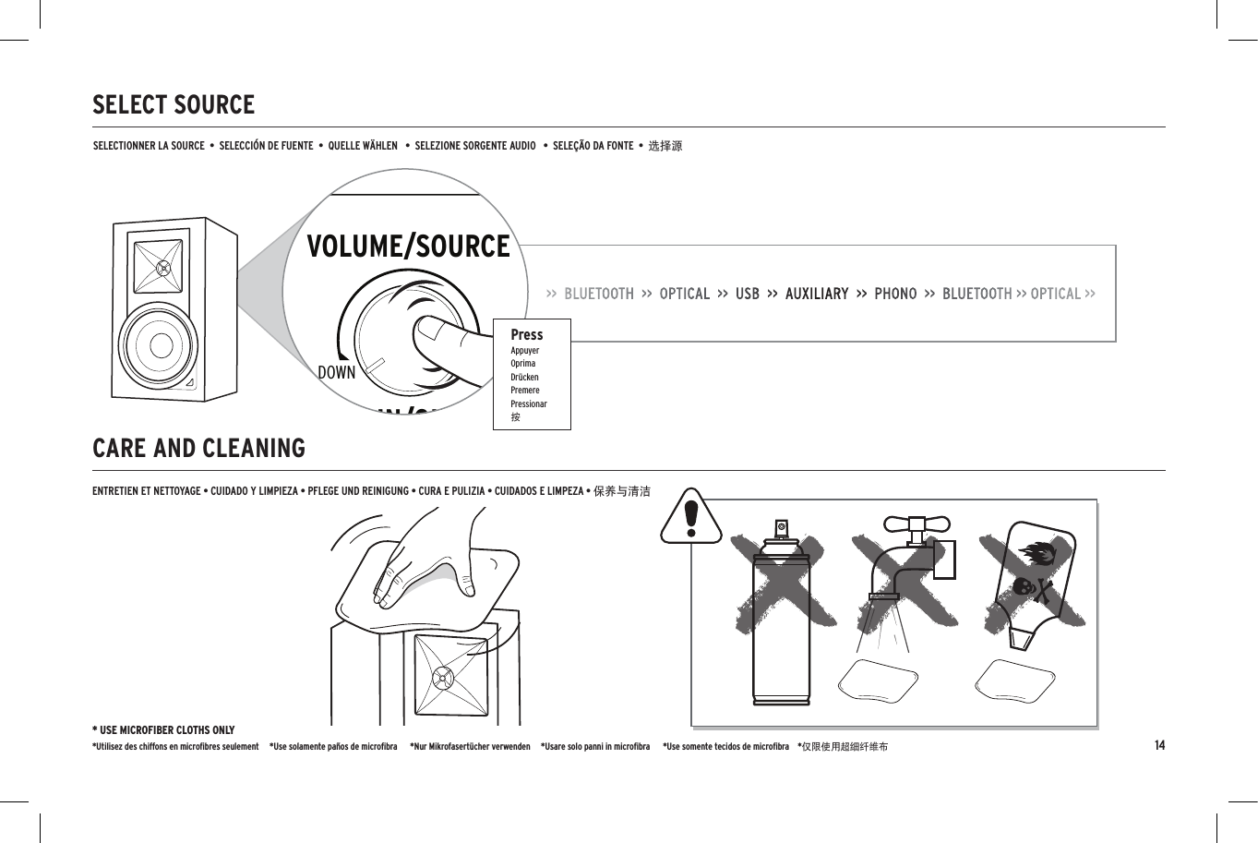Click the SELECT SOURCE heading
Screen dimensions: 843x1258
coord(174,105)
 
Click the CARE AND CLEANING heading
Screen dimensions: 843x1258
coord(198,449)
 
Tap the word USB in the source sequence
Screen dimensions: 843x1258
coord(748,294)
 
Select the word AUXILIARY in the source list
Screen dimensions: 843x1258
coord(817,294)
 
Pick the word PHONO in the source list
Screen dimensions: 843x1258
coord(895,294)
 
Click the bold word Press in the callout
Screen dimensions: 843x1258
coord(527,334)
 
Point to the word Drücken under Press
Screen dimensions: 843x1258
coord(524,377)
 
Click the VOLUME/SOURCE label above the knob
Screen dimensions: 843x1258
coord(408,247)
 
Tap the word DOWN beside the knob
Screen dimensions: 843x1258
coord(336,373)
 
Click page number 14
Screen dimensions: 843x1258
coord(1159,745)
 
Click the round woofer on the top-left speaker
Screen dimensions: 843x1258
coord(161,344)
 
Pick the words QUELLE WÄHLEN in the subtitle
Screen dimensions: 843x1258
coord(363,146)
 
